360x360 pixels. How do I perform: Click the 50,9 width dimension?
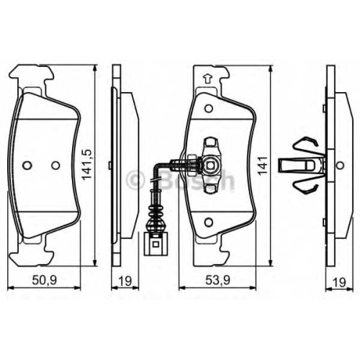click(45, 280)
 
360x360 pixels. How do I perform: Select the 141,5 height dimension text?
click(86, 164)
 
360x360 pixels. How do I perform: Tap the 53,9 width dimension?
click(217, 280)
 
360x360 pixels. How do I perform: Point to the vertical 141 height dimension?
click(263, 165)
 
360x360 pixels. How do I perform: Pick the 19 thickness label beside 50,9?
click(125, 281)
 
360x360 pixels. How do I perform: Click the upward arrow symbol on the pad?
click(207, 78)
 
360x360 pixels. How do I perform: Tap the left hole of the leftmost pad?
click(27, 165)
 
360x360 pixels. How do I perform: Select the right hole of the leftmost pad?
click(55, 165)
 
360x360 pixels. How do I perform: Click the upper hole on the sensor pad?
click(209, 109)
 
